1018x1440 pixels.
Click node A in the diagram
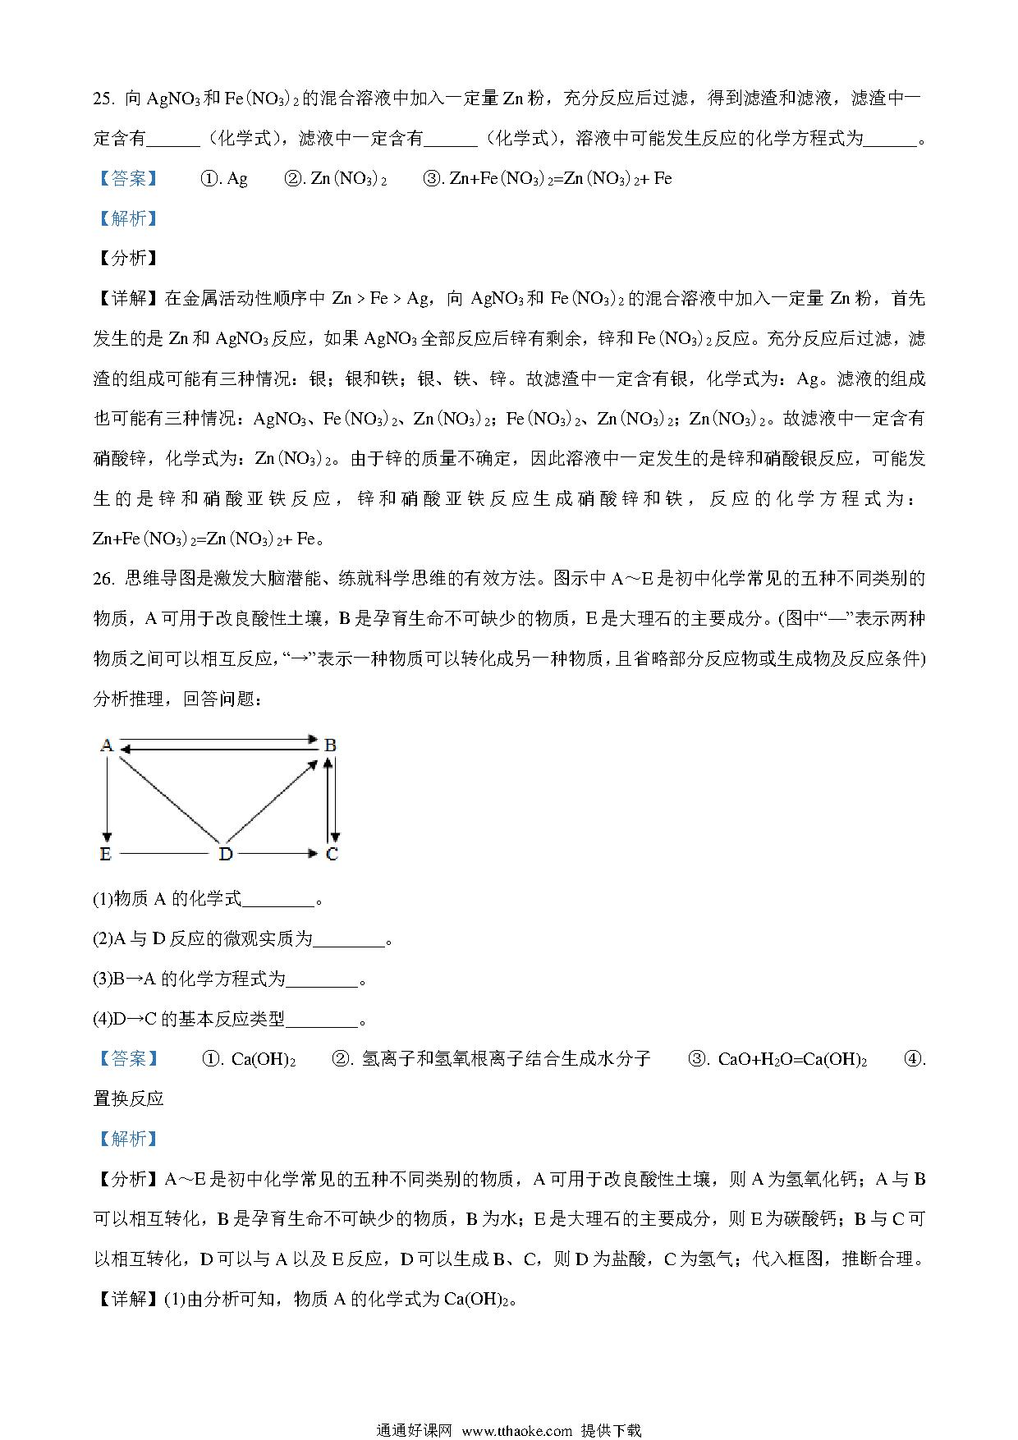[x=106, y=745]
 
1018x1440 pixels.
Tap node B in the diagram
[x=330, y=745]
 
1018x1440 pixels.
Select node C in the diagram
[x=332, y=854]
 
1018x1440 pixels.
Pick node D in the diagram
[x=226, y=854]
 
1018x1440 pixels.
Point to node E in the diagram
[x=105, y=854]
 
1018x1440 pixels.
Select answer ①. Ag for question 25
[x=224, y=179]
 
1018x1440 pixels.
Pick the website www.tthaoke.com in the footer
[x=517, y=1430]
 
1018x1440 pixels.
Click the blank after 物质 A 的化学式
[x=279, y=900]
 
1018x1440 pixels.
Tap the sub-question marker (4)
[x=102, y=1020]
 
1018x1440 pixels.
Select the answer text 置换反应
[x=129, y=1098]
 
